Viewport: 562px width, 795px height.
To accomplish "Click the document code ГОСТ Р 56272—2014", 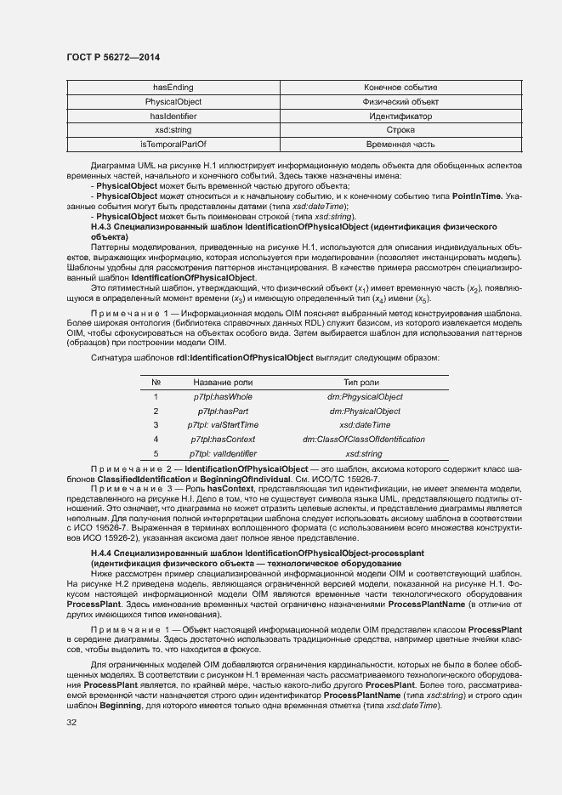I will tap(113, 57).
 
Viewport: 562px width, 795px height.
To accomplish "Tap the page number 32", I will tap(72, 723).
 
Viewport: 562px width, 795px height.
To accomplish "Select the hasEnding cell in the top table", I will tap(173, 88).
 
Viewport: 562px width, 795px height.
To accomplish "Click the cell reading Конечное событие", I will tap(400, 88).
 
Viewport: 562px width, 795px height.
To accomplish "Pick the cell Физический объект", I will tap(400, 102).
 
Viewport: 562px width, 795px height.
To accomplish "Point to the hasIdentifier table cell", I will tap(173, 116).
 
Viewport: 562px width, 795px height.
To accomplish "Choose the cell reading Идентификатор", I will tap(400, 116).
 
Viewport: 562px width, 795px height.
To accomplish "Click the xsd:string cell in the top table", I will tap(173, 130).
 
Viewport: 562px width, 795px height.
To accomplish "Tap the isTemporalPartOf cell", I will tap(173, 145).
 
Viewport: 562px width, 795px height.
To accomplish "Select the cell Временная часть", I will tap(400, 145).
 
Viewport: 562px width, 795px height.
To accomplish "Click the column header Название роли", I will tap(223, 383).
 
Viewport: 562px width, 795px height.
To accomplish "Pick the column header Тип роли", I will tap(365, 383).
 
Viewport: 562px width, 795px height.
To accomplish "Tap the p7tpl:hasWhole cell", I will tap(223, 397).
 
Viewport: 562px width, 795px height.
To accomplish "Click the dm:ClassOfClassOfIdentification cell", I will tap(365, 440).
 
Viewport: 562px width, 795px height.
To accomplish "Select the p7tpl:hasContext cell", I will tap(223, 440).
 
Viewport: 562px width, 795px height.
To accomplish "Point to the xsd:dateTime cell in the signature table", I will tap(365, 425).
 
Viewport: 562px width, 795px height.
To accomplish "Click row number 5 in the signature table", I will tap(156, 454).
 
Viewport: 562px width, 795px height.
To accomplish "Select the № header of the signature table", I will tap(156, 383).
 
